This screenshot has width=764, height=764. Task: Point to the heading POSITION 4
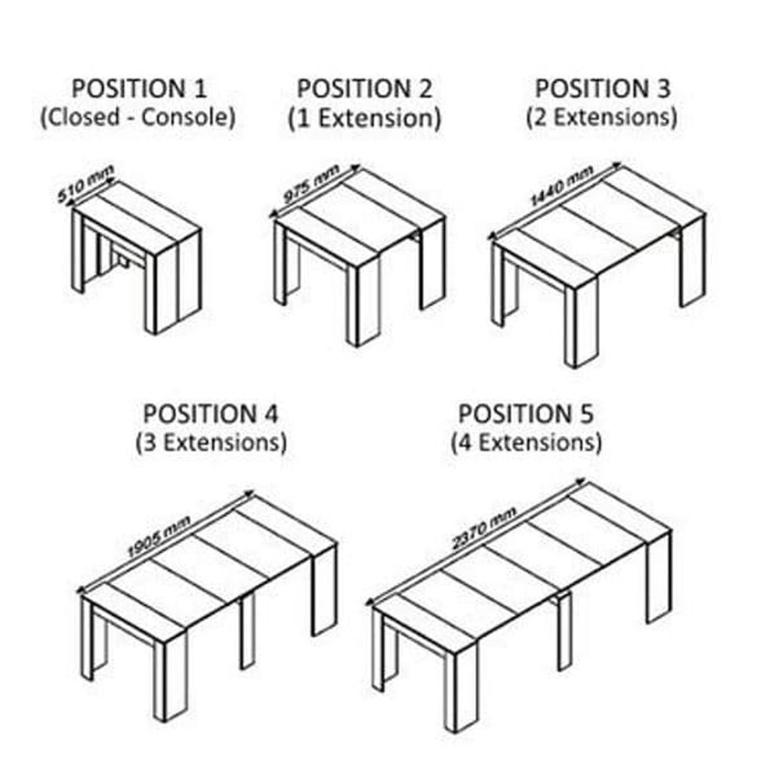click(211, 414)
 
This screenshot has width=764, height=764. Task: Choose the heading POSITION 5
click(526, 414)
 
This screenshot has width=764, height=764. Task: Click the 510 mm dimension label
click(86, 183)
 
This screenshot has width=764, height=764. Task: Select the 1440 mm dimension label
click(562, 185)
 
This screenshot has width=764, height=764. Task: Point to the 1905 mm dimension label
click(159, 535)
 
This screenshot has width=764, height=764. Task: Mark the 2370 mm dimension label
click(484, 528)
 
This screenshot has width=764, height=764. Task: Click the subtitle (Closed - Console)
click(138, 118)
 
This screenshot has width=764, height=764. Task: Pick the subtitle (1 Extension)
click(364, 118)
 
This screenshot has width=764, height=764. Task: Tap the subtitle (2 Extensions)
click(602, 118)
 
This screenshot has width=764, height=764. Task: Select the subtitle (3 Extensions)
click(211, 443)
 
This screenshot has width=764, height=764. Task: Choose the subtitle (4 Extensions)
click(527, 443)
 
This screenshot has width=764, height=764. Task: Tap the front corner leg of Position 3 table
click(581, 322)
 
